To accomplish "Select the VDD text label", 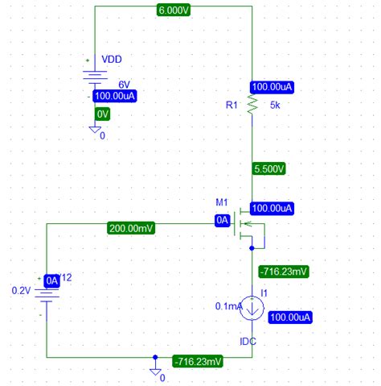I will click(112, 59).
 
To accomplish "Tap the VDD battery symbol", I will click(94, 77).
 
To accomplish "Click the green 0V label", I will click(103, 114).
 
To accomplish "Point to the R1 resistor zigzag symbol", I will click(252, 105).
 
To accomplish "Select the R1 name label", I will click(232, 105).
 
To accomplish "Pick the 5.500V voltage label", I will click(268, 170).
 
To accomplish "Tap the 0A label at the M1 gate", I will click(223, 219).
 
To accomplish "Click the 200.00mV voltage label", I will click(131, 229).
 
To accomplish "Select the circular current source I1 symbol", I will click(252, 306).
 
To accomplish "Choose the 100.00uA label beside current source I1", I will click(289, 318).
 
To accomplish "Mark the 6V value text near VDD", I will click(125, 84).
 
